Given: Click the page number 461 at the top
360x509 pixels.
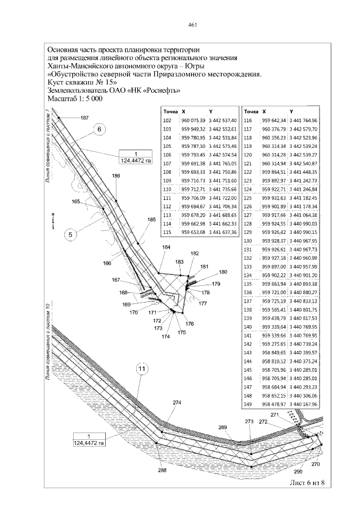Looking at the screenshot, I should (x=191, y=25).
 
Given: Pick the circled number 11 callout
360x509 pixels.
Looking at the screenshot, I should (x=142, y=369).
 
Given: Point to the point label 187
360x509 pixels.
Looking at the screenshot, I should (x=84, y=118).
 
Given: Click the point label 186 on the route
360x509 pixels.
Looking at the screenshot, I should (x=116, y=176).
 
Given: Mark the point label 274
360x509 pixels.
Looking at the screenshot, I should (x=177, y=403).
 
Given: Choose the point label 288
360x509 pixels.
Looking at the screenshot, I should (x=162, y=470).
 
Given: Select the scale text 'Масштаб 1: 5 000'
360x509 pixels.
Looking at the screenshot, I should (x=75, y=98).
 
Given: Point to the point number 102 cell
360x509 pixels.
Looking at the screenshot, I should (x=166, y=120).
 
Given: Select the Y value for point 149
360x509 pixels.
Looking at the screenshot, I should (x=303, y=404).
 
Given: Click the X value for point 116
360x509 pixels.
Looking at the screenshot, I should (x=275, y=120).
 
